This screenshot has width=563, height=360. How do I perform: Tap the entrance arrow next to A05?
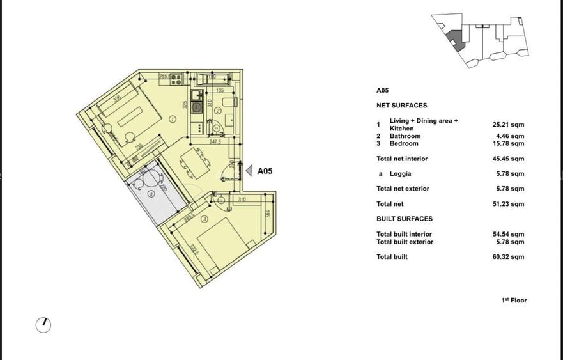click(249, 171)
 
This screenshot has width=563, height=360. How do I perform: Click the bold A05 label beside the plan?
click(265, 171)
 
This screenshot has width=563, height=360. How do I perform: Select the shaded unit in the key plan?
click(454, 38)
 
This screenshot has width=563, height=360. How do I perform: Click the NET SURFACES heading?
click(401, 106)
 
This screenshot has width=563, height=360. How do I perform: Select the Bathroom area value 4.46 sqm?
click(509, 136)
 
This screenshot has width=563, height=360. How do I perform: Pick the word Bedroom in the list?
click(404, 144)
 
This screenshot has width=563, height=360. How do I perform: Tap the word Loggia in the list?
click(400, 174)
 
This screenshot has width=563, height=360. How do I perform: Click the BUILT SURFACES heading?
click(405, 219)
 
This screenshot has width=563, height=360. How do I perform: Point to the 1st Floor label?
click(514, 300)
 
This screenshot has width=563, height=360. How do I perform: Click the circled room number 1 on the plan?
click(173, 119)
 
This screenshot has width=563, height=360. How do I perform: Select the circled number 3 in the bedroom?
click(204, 219)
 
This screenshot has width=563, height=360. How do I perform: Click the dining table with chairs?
click(196, 163)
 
